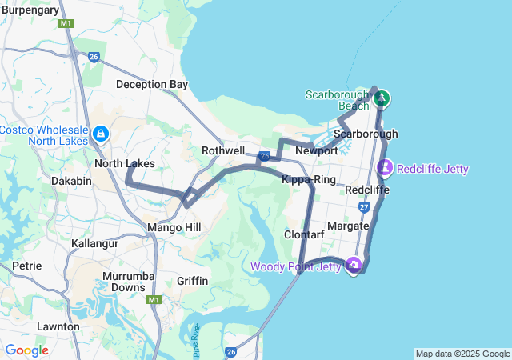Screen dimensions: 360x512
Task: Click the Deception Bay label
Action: pos(151,84)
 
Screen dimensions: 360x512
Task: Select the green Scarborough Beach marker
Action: pos(382,98)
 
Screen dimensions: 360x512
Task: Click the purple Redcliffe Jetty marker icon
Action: pos(385,168)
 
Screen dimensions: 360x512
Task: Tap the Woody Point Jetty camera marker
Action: pos(353,265)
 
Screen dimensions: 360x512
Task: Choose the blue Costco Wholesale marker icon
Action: pos(101,134)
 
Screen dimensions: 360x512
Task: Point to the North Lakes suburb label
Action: pos(124,163)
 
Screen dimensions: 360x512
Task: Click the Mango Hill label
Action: pos(174,228)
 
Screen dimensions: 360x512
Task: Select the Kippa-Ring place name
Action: pos(308,179)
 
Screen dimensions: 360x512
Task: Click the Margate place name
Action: pos(348,226)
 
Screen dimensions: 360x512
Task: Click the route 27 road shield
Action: pos(365,207)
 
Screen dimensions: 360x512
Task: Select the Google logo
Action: pos(26,350)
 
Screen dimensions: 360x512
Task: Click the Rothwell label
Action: pos(223,150)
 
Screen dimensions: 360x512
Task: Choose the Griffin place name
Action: pos(192,281)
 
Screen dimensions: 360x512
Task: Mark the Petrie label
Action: pos(26,265)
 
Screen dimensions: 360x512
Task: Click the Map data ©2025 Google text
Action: pos(462,354)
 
